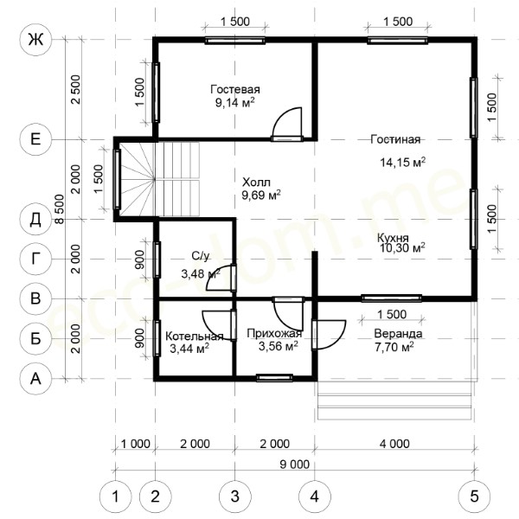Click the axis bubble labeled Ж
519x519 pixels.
tap(35, 40)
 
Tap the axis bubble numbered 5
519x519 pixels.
tap(474, 497)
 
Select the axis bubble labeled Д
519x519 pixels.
tap(35, 219)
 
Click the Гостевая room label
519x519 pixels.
tap(235, 89)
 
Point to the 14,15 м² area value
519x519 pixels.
tap(402, 163)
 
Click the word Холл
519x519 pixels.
tap(256, 183)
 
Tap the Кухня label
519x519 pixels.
tap(393, 238)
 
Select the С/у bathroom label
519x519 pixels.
tap(201, 256)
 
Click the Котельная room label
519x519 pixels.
tap(195, 336)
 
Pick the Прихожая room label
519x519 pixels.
tap(274, 333)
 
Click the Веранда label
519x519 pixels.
tap(398, 333)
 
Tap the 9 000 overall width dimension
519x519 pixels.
tap(295, 465)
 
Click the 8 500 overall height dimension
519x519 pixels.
tap(59, 209)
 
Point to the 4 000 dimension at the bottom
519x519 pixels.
tap(394, 444)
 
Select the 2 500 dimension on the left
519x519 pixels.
tap(76, 89)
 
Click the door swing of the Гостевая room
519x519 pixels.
tap(287, 122)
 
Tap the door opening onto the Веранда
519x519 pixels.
tap(329, 335)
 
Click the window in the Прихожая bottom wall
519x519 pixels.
tap(274, 378)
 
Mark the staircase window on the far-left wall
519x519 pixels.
tap(117, 179)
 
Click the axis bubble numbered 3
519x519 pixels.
tap(234, 497)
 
